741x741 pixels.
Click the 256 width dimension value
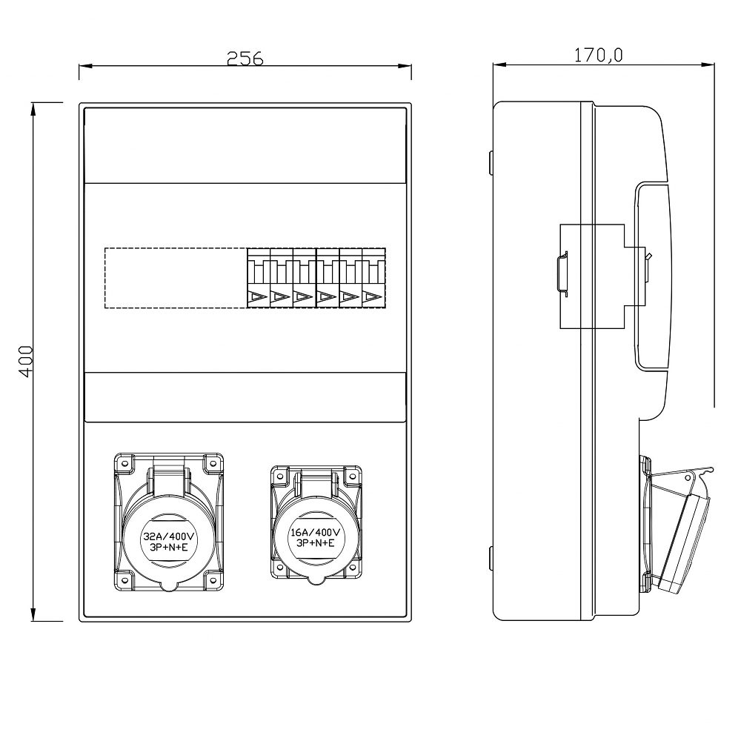(x=245, y=58)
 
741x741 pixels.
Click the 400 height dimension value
(x=26, y=362)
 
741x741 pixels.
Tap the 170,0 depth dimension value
(x=598, y=55)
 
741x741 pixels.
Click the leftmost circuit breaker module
(x=259, y=278)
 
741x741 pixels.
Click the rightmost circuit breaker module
(x=374, y=278)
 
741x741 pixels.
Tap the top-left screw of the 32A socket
(x=124, y=463)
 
